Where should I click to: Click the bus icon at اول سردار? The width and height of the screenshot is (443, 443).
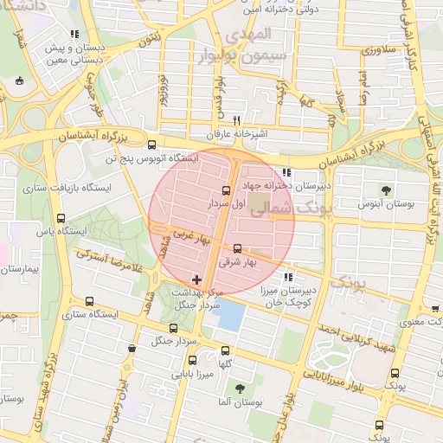tap(227, 189)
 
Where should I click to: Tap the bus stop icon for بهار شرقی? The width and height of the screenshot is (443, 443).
tap(238, 249)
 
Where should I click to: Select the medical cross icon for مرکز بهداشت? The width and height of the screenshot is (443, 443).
tap(198, 279)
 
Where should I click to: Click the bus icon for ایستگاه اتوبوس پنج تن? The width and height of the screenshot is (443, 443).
tap(153, 145)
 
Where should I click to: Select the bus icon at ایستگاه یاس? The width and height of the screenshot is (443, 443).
tap(60, 218)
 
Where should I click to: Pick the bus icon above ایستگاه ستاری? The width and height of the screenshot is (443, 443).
tap(90, 302)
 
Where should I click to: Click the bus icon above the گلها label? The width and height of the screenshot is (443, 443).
tap(226, 351)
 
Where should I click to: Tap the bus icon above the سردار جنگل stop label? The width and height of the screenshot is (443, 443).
tap(173, 329)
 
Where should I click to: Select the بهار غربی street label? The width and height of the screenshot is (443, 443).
tap(183, 234)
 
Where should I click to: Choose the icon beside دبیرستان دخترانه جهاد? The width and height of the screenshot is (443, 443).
tap(286, 171)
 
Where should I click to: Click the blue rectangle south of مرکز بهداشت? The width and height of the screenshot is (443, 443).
tap(231, 315)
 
